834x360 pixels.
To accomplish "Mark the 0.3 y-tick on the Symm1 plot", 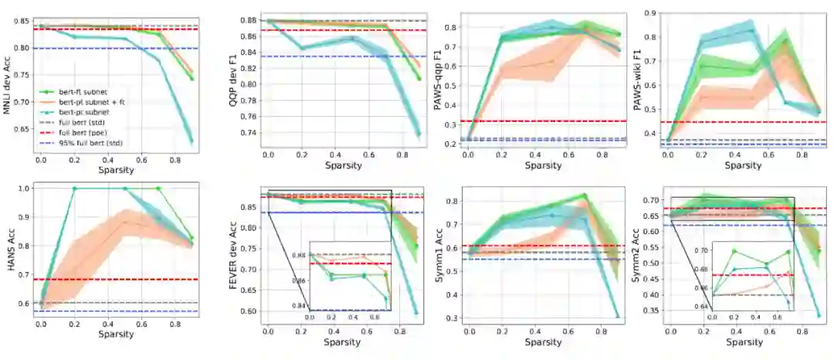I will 449,318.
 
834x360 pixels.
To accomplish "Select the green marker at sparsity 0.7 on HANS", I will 158,188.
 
